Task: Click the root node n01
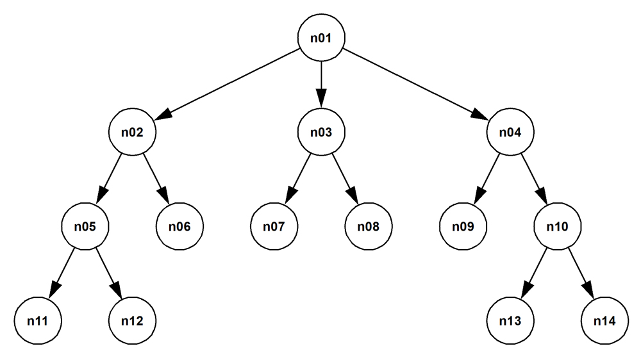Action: pyautogui.click(x=321, y=38)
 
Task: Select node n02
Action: pyautogui.click(x=132, y=133)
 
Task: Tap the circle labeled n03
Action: pyautogui.click(x=321, y=133)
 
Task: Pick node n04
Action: pyautogui.click(x=511, y=133)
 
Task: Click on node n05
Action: pyautogui.click(x=85, y=227)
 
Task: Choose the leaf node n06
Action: pyautogui.click(x=179, y=227)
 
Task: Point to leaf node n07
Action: pyautogui.click(x=274, y=227)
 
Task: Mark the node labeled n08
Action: pyautogui.click(x=369, y=227)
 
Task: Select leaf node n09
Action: pyautogui.click(x=463, y=227)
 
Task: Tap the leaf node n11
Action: pyautogui.click(x=38, y=321)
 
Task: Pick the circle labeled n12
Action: pyautogui.click(x=132, y=321)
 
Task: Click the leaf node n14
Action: pyautogui.click(x=605, y=321)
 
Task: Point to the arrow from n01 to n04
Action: pyautogui.click(x=416, y=85)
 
